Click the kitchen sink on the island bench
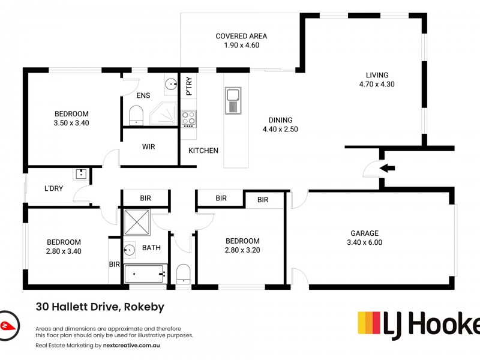pos(233,100)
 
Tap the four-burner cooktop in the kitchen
pos(189,118)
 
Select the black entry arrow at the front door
pos(388,168)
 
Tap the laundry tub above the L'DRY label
pos(81,175)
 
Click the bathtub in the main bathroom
pos(144,274)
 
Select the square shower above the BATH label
pos(137,221)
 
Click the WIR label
pos(149,146)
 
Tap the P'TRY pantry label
pos(189,86)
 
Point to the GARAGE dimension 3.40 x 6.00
pos(364,243)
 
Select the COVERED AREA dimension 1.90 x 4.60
pos(241,45)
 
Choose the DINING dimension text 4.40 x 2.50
pos(280,129)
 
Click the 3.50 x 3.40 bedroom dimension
pos(71,123)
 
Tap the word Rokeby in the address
pos(144,307)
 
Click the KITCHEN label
pos(203,151)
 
